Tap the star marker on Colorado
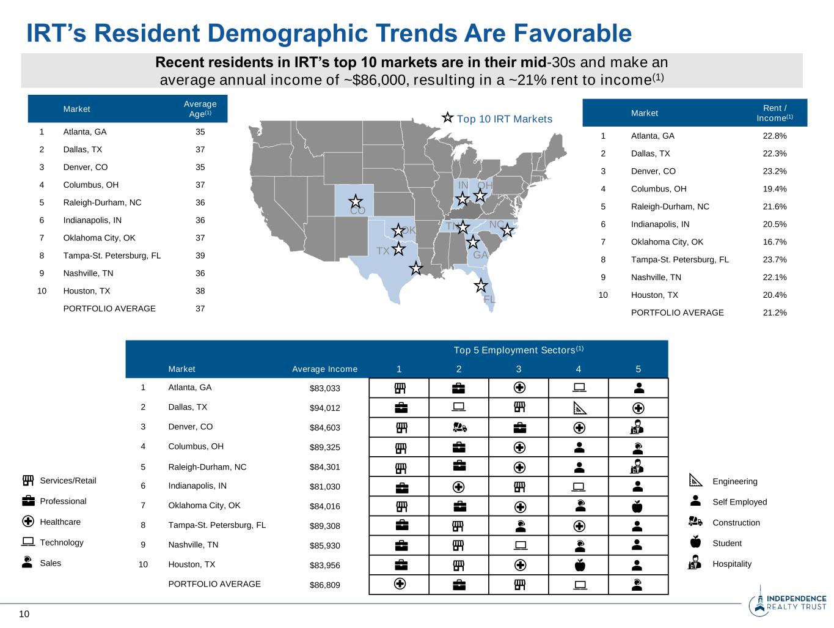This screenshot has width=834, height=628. pos(356,201)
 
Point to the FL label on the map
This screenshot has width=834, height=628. pos(489,300)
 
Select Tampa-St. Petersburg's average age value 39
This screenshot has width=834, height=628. pos(200,256)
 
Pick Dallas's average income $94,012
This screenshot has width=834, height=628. pos(324,408)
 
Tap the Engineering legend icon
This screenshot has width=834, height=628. pos(695,481)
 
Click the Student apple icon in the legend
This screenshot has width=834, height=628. pos(695,542)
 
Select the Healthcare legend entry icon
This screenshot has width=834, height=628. pos(27,522)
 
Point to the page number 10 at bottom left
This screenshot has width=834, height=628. pos(24,614)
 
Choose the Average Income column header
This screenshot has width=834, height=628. pos(324,369)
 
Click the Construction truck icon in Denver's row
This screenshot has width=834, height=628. pos(459,427)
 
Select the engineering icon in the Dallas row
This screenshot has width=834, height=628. pos(579,408)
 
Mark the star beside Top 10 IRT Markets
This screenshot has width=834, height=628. pos(447,118)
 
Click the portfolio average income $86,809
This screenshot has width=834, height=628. pos(324,585)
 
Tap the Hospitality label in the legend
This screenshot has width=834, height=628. pos(731,564)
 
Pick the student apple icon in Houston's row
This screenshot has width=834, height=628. pos(579,566)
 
